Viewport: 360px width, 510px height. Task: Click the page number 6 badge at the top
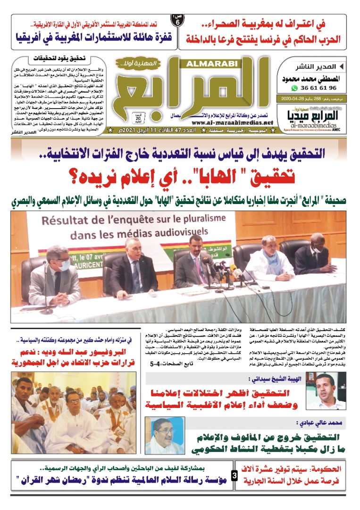coord(177,21)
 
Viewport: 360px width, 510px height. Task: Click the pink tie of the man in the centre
coord(199,264)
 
